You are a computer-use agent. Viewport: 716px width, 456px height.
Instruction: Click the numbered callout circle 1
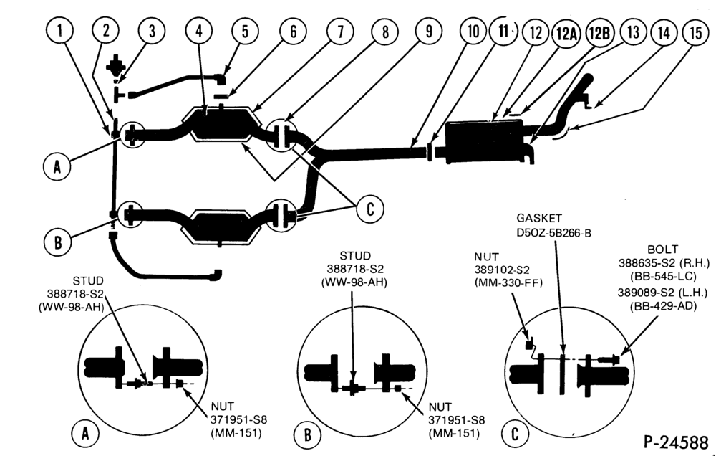(x=60, y=31)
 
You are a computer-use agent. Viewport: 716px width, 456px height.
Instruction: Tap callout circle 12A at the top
(x=566, y=34)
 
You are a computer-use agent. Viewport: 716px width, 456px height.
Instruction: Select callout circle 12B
(x=599, y=33)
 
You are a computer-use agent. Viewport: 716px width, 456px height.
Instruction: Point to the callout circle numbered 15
(x=695, y=33)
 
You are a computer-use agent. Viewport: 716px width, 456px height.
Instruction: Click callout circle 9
(x=429, y=31)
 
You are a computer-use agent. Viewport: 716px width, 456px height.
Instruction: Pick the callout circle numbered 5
(x=245, y=31)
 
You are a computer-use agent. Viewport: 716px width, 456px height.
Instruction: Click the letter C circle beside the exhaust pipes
(x=370, y=209)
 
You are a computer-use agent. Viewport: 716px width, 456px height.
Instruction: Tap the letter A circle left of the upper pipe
(x=57, y=166)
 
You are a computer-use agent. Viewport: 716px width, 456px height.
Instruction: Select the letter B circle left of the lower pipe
(x=58, y=242)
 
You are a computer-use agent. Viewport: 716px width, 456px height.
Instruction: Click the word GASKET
(x=539, y=218)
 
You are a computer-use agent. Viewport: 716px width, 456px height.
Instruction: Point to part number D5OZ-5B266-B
(x=554, y=233)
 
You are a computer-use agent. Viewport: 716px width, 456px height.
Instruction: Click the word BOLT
(x=663, y=250)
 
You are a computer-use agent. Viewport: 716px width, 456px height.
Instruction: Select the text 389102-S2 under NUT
(x=502, y=270)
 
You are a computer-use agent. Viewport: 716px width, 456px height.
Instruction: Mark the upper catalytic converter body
(x=221, y=123)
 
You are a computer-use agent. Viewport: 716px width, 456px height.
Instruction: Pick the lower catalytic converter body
(x=221, y=227)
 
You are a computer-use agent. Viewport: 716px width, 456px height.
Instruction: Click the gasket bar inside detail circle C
(x=563, y=373)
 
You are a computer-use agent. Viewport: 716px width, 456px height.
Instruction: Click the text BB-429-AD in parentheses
(x=664, y=306)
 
